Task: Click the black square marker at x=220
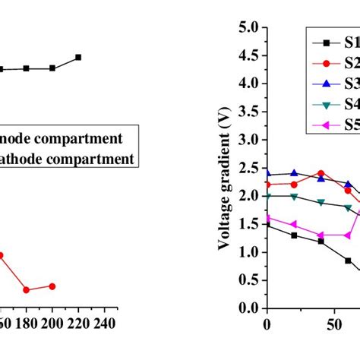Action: (77, 57)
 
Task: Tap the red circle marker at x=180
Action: (26, 290)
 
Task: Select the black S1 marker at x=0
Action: (266, 225)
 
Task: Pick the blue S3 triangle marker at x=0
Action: (266, 174)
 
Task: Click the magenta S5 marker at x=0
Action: (266, 217)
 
